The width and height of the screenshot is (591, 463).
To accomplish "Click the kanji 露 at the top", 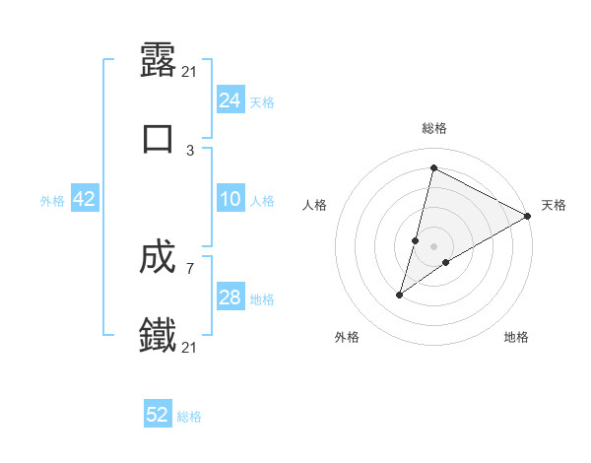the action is (159, 61).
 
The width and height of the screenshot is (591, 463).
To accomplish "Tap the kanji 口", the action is (159, 137).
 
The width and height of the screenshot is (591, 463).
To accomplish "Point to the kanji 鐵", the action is (159, 335).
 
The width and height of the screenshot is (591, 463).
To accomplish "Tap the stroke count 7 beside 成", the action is (191, 268).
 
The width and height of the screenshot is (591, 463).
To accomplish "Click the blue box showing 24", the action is (230, 100).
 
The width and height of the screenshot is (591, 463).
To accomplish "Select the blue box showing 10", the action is (230, 199).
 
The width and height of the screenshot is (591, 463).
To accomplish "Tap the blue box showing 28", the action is (230, 298).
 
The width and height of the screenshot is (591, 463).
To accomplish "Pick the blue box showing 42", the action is (85, 199).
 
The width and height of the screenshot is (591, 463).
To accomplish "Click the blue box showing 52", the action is (158, 415).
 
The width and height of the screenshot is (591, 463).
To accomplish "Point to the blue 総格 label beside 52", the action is (189, 417).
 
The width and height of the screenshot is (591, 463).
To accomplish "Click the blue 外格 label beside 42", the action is (52, 201).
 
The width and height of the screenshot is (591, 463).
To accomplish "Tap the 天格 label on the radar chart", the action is (554, 205).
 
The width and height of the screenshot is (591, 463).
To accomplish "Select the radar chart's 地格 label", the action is (516, 337).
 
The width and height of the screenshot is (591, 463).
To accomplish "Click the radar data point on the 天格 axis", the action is (528, 216).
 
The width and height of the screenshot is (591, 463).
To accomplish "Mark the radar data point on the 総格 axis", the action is (433, 168).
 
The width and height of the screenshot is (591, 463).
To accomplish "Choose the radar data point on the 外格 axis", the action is (400, 294).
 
